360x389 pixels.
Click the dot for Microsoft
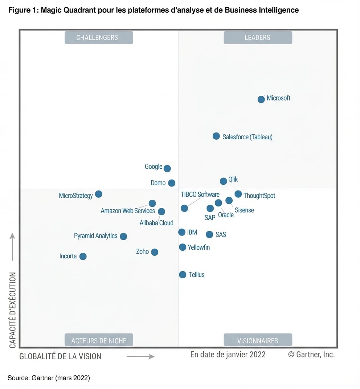click(x=261, y=99)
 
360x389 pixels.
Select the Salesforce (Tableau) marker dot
click(x=216, y=136)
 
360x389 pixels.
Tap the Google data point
click(x=167, y=168)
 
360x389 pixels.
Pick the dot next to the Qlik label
click(x=223, y=181)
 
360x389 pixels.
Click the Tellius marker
click(x=183, y=275)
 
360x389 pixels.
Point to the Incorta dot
click(x=83, y=257)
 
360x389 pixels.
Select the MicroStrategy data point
click(x=98, y=194)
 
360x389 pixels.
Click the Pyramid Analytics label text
click(x=95, y=236)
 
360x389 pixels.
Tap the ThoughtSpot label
click(x=259, y=196)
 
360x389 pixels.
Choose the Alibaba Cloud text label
click(x=156, y=223)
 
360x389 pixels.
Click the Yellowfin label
click(x=199, y=247)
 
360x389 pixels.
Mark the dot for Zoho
click(x=155, y=252)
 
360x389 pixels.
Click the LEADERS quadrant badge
click(x=258, y=37)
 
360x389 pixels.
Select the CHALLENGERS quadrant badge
click(x=99, y=37)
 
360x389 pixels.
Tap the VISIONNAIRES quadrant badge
click(x=258, y=340)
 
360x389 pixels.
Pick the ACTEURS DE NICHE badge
click(x=99, y=340)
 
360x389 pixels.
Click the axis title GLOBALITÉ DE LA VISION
click(x=60, y=356)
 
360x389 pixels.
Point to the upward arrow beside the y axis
click(x=12, y=247)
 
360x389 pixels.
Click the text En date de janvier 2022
click(x=228, y=354)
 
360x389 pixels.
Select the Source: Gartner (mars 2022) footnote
click(x=49, y=378)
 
